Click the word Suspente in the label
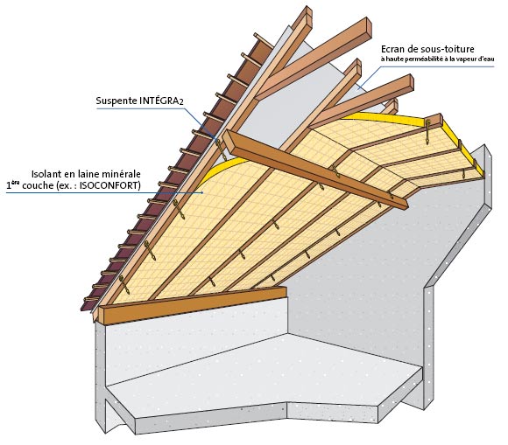click(x=116, y=101)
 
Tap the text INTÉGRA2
click(x=162, y=101)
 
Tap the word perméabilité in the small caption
click(x=419, y=59)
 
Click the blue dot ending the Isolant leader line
click(x=202, y=192)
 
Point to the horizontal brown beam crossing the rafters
click(x=316, y=169)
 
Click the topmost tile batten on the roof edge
click(x=264, y=40)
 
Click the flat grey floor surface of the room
click(x=259, y=375)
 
